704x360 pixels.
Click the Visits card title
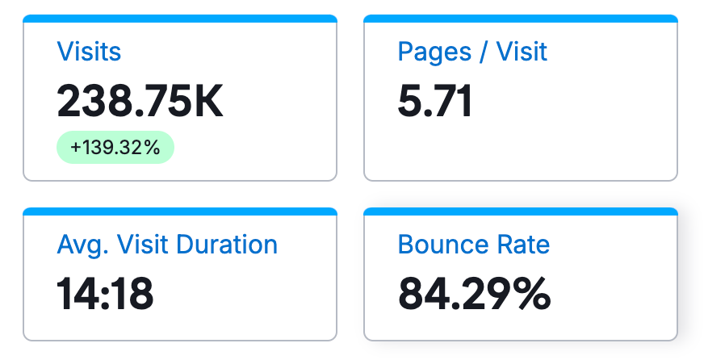89,52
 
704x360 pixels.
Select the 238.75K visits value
140,102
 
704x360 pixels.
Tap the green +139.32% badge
115,148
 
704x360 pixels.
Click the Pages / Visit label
472,52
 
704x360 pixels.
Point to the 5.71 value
435,102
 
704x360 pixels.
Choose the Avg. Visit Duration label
167,245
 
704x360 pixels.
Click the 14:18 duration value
105,294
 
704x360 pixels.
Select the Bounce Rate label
474,245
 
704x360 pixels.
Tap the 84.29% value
474,294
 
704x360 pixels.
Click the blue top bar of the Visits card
180,19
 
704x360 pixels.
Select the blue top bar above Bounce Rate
521,211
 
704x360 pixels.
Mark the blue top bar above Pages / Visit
521,19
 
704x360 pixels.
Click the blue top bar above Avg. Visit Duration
180,211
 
